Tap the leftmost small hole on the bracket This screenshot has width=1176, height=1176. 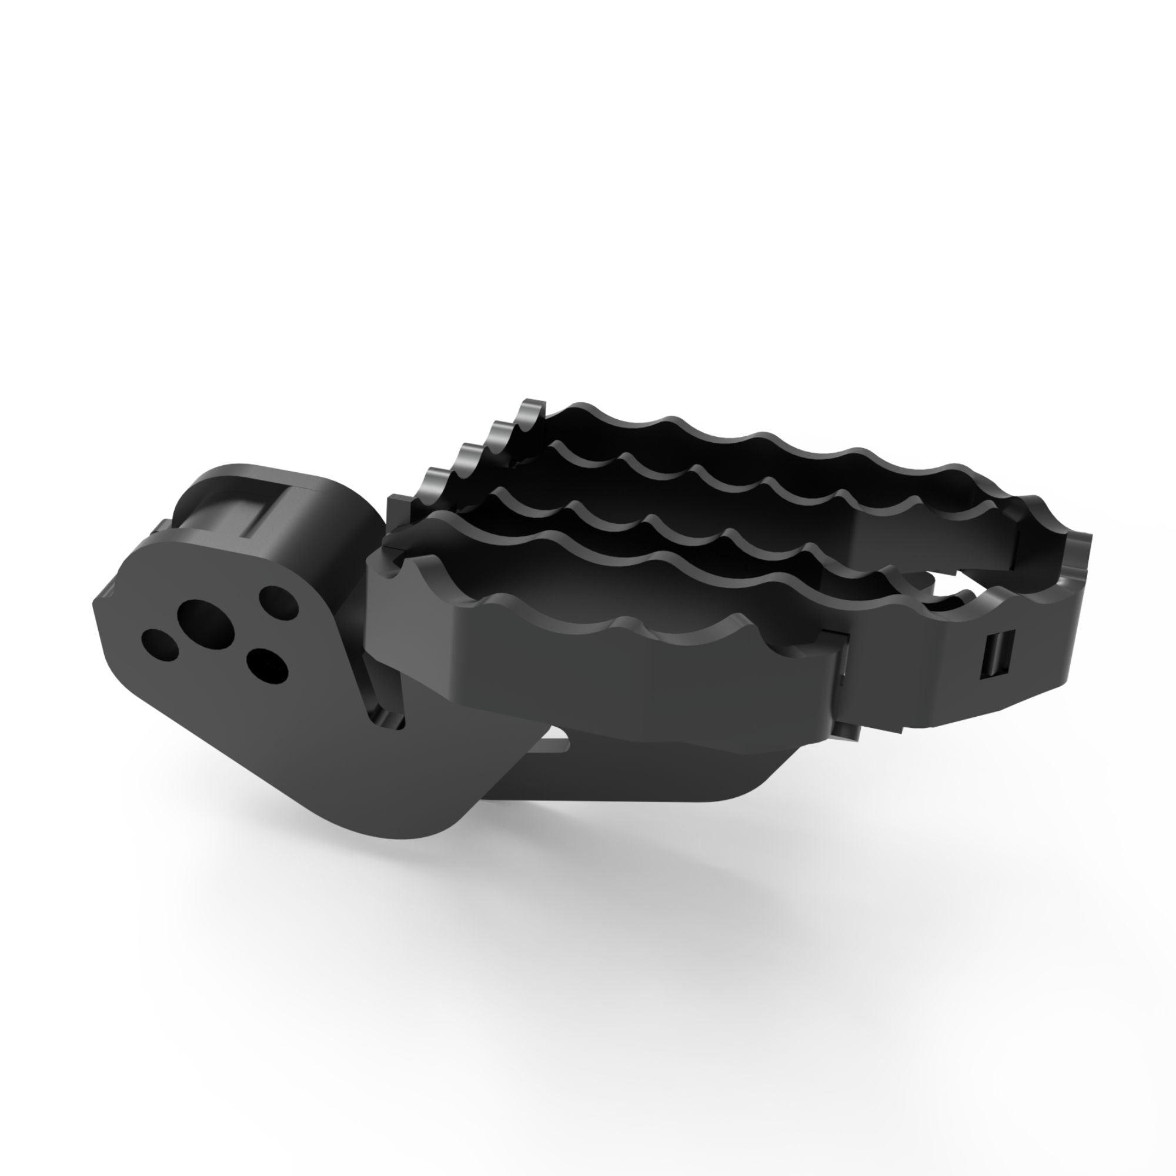[x=159, y=644]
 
